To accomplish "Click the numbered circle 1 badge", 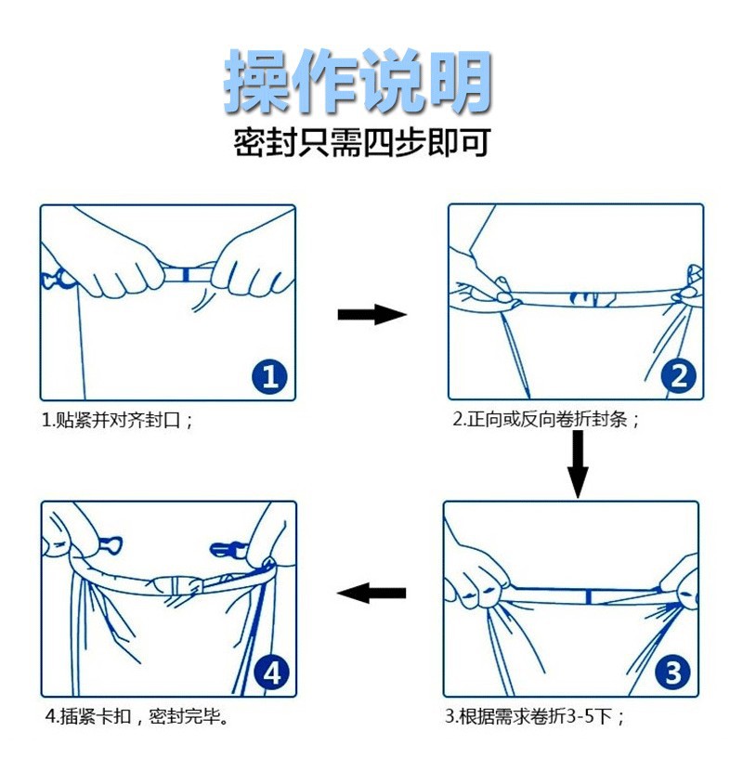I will click(x=268, y=375).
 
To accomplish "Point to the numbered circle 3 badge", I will click(x=673, y=672).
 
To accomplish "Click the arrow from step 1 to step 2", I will click(x=371, y=315).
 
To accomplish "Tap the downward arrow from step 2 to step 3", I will click(x=578, y=464).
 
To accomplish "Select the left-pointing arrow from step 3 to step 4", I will click(x=371, y=593).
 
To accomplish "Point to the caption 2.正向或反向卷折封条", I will click(x=547, y=420).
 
